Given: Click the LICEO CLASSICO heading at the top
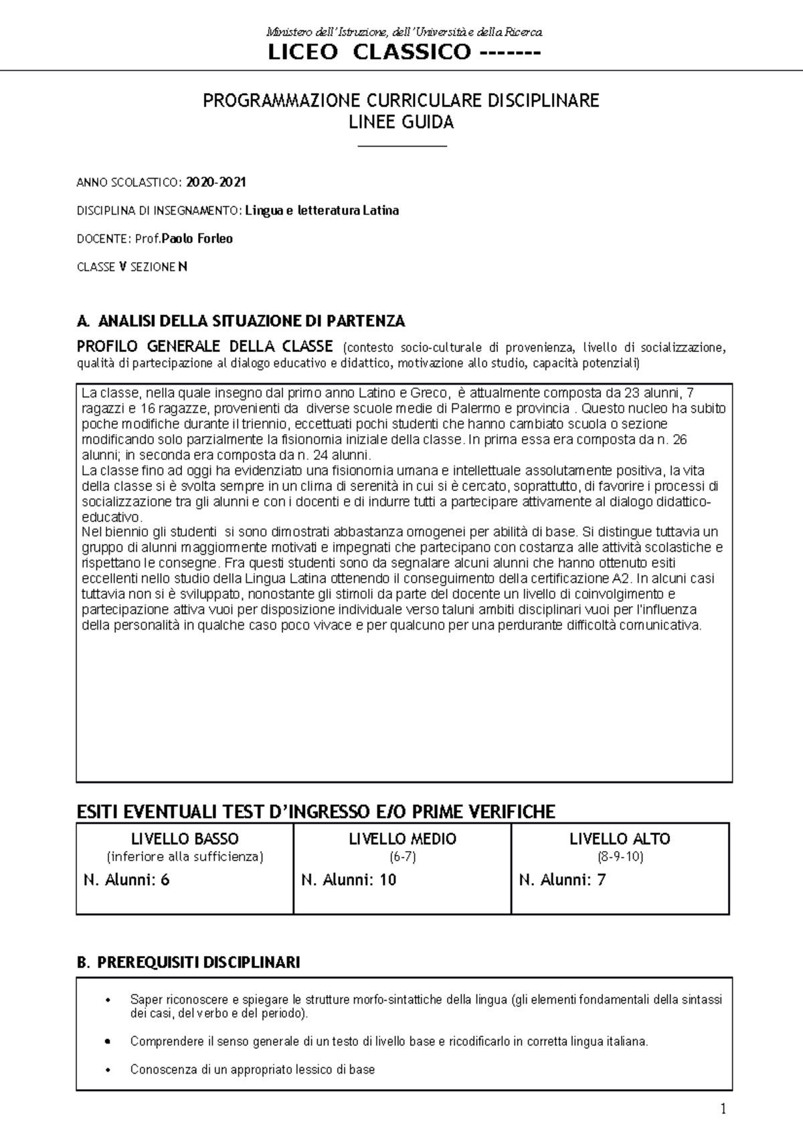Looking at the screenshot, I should click(404, 52).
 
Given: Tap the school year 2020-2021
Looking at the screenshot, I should click(216, 182).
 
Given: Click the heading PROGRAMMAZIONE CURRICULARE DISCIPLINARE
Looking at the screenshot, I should click(401, 101).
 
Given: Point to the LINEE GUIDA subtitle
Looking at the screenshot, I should click(401, 122).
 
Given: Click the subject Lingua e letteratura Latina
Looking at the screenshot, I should click(322, 211).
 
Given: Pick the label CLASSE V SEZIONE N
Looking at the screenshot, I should click(132, 267).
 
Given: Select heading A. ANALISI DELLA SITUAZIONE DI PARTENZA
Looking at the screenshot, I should click(241, 321).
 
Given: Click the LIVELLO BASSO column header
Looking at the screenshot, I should click(185, 839).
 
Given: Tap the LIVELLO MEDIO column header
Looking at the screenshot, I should click(402, 839).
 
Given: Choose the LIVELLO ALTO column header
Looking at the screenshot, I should click(620, 839).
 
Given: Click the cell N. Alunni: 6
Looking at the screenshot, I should click(126, 880).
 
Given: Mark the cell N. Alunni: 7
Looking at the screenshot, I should click(562, 880).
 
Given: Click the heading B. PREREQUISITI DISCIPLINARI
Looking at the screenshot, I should click(189, 963).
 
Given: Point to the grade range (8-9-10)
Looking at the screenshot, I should click(620, 857).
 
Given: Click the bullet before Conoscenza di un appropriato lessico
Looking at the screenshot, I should click(108, 1070).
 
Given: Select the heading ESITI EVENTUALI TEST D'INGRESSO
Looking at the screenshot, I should click(316, 812).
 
